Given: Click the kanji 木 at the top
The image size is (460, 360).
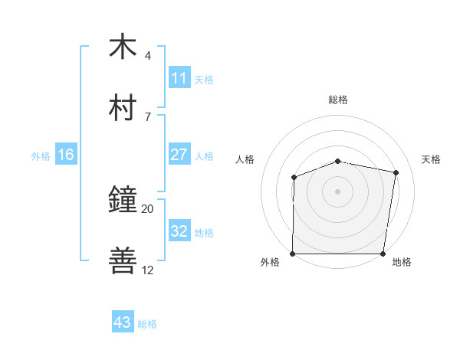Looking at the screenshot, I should (123, 47).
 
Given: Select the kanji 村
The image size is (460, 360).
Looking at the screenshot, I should (123, 107).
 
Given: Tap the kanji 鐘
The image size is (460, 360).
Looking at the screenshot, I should (123, 200).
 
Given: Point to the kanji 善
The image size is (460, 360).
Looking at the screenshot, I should (123, 260).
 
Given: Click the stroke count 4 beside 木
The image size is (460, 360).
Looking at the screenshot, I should (147, 56).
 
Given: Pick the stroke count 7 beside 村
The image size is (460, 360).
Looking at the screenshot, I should (147, 116).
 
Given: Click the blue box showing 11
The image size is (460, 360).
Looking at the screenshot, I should (179, 78).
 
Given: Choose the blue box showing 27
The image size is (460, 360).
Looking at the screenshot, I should (179, 155).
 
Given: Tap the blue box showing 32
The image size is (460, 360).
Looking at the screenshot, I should (179, 231).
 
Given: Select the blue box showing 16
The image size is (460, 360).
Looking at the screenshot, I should (65, 155).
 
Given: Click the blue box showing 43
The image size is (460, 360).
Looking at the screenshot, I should (122, 322).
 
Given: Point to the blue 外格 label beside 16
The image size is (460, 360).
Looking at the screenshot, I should (41, 156).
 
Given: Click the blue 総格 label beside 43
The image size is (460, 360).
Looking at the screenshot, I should (147, 324).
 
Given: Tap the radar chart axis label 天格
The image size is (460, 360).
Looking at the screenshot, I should (432, 159).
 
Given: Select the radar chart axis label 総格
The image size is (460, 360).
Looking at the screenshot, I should (338, 100).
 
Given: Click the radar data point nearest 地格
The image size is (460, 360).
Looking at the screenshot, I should (383, 254).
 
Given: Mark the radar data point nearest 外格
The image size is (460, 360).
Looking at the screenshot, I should (293, 254).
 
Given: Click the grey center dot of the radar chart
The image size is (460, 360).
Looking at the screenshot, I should (338, 191).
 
